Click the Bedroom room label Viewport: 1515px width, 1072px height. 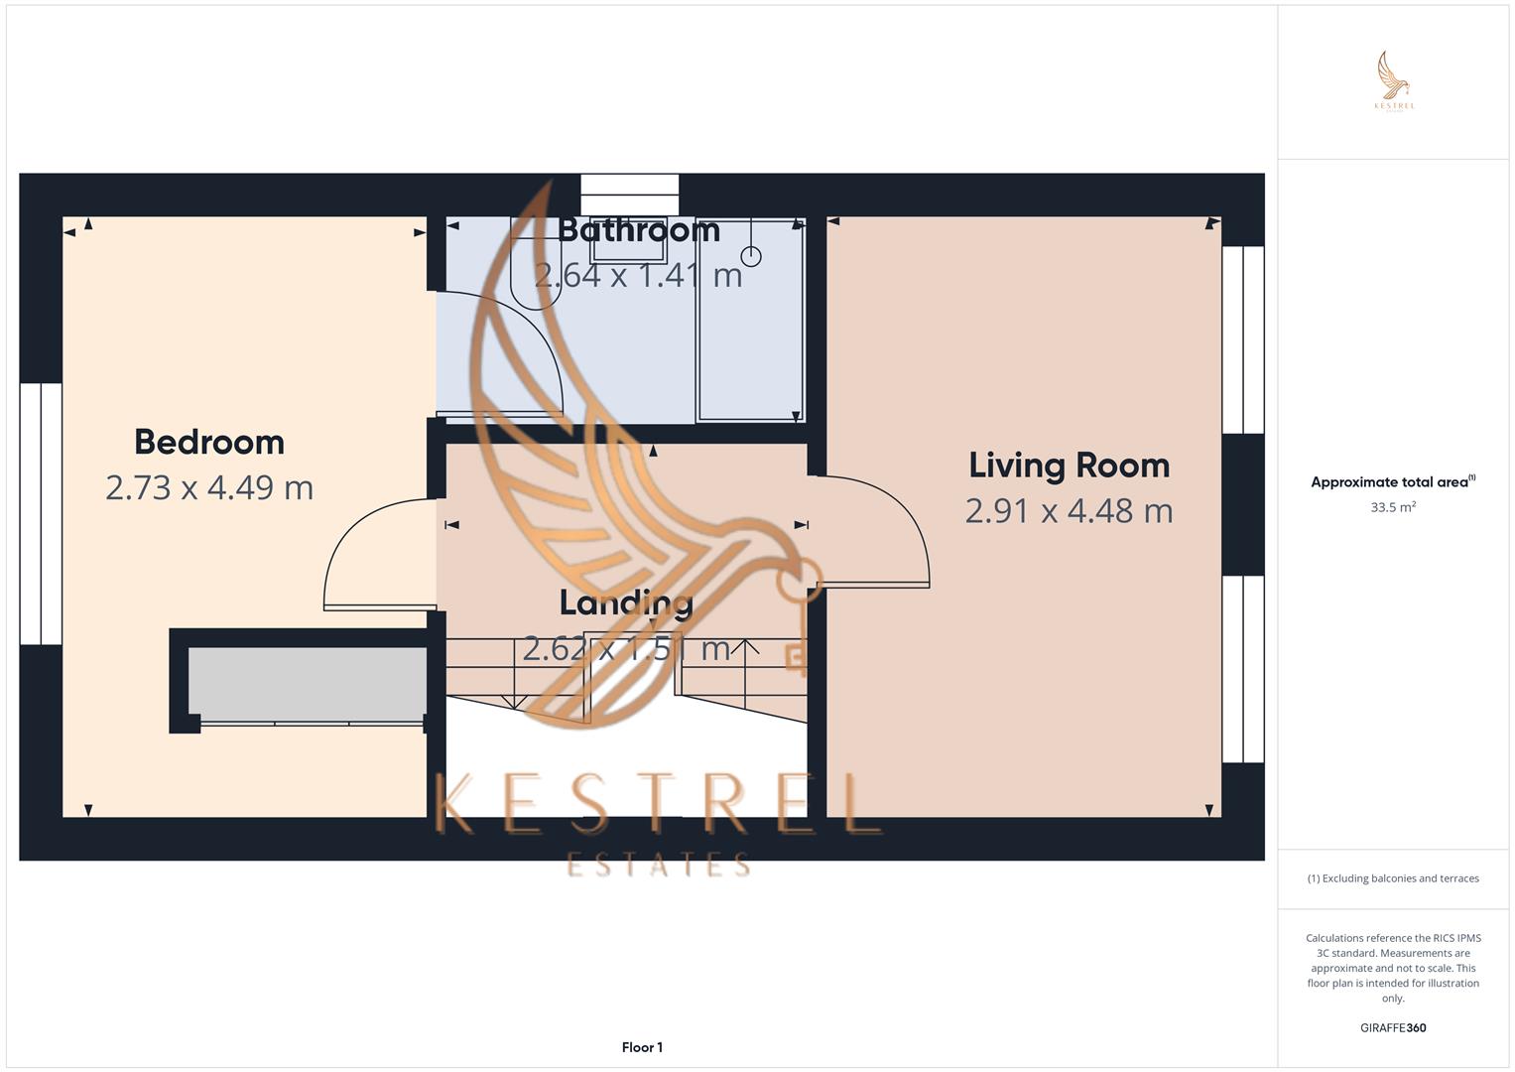click(209, 442)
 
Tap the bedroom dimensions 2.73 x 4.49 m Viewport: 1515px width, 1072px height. click(209, 487)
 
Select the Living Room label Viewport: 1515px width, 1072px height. click(1069, 465)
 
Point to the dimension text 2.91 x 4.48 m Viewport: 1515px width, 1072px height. click(1069, 510)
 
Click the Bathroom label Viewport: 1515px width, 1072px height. click(638, 230)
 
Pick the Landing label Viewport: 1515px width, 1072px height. click(626, 603)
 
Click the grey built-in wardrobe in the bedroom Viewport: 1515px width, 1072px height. click(308, 684)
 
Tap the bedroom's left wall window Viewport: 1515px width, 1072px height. click(41, 513)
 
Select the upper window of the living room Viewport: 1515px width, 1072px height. click(1242, 339)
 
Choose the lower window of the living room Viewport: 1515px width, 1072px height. click(1242, 668)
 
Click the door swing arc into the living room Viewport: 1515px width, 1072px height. click(878, 531)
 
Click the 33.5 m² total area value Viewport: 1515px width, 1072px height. click(1393, 507)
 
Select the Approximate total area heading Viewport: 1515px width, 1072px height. click(1392, 482)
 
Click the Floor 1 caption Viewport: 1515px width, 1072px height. click(642, 1047)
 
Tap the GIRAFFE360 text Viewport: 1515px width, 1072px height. click(1393, 1027)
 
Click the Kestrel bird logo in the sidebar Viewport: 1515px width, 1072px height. click(1394, 79)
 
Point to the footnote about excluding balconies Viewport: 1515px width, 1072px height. click(1393, 878)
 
